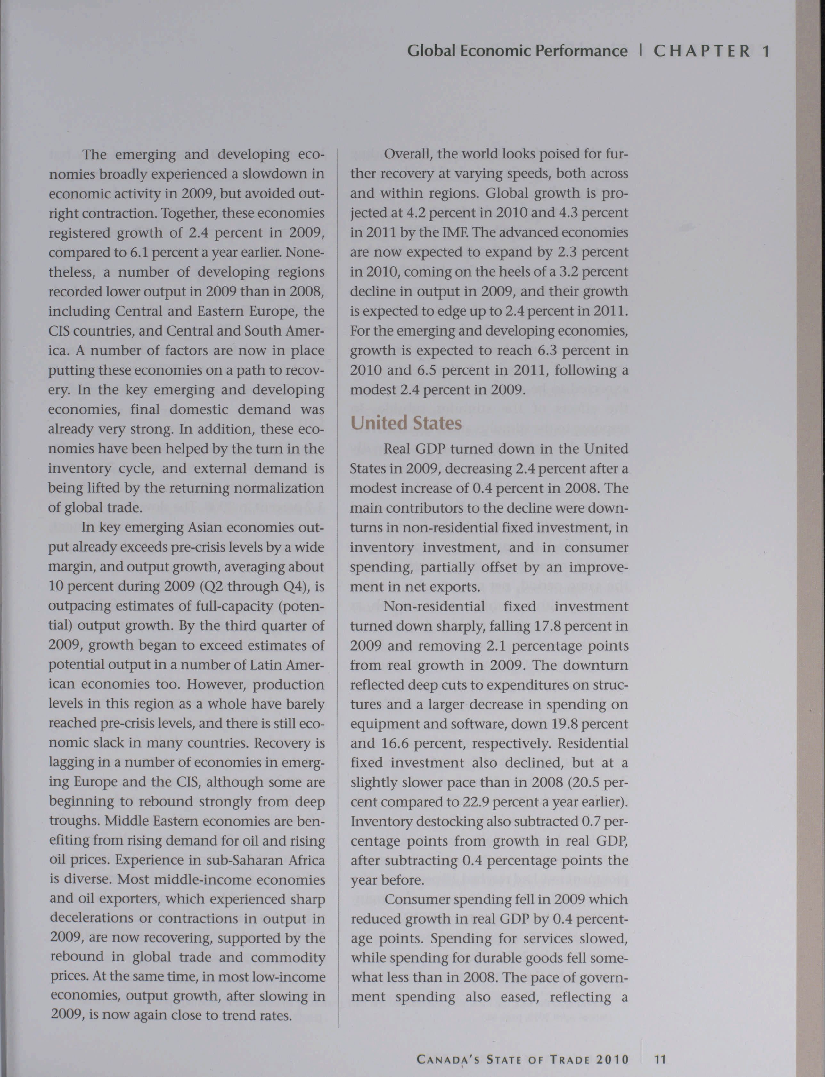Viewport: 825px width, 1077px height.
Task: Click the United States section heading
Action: pyautogui.click(x=406, y=423)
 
